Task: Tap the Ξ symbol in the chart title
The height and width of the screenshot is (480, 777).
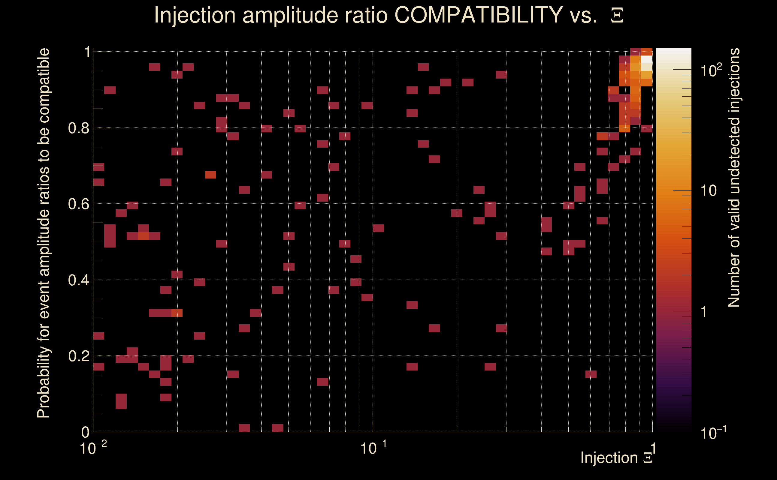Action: click(x=617, y=16)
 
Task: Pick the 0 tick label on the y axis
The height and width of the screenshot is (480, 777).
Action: click(x=85, y=432)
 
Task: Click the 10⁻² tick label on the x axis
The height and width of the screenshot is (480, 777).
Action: click(x=93, y=448)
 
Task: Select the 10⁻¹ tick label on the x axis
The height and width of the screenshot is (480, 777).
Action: click(x=373, y=448)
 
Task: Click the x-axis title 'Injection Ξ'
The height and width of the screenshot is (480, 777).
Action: click(x=616, y=458)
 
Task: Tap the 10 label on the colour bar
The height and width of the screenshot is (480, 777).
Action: click(x=708, y=191)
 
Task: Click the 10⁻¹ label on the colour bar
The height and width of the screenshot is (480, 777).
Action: click(x=713, y=433)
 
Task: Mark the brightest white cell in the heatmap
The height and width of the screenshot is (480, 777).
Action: click(x=647, y=59)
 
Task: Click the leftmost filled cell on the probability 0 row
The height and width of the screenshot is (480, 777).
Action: click(x=244, y=428)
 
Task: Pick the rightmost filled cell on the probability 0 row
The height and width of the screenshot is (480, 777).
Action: click(x=278, y=428)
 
